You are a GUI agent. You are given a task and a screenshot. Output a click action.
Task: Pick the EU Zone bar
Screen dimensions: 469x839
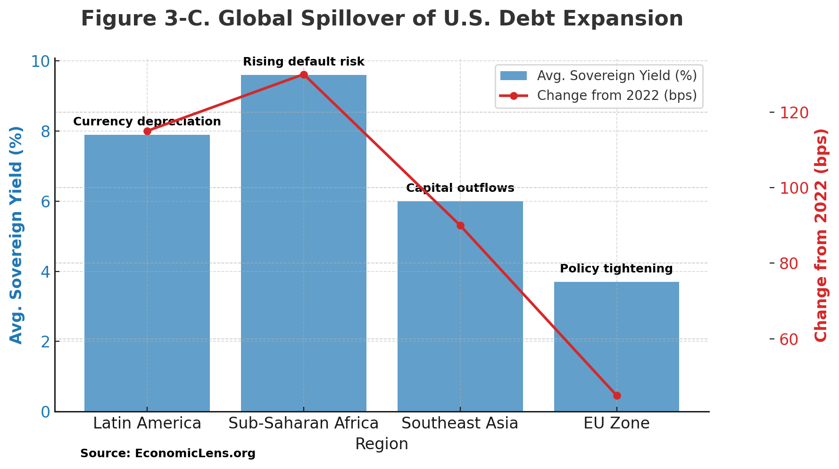pos(616,349)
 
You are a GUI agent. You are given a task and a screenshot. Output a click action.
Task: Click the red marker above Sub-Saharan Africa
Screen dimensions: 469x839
pos(304,74)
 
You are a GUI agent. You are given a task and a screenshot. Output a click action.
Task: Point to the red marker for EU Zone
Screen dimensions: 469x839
pos(617,395)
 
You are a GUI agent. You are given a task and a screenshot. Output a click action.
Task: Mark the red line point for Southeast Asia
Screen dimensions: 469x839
pos(460,225)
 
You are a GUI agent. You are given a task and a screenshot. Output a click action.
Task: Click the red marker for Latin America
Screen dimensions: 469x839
pos(147,131)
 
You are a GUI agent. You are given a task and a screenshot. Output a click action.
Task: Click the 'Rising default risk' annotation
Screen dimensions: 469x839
pos(303,62)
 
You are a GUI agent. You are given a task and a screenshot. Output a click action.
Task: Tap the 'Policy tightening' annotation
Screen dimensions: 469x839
pos(616,269)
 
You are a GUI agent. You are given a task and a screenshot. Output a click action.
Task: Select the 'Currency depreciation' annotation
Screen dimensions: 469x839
pos(147,122)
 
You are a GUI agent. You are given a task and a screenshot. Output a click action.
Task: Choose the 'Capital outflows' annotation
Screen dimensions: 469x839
pos(460,188)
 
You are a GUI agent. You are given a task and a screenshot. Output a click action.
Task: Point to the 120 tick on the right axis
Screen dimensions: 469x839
pos(794,113)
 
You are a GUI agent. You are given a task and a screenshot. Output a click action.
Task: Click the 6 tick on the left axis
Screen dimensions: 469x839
pos(45,202)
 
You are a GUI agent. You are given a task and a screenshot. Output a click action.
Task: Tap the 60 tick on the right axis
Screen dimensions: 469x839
pos(794,339)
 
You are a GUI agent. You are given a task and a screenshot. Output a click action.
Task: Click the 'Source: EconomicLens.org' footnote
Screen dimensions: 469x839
pos(167,453)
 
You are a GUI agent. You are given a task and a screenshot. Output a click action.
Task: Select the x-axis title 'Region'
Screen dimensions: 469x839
pos(382,444)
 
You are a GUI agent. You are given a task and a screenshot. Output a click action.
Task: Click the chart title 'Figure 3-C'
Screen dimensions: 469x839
pos(382,19)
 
